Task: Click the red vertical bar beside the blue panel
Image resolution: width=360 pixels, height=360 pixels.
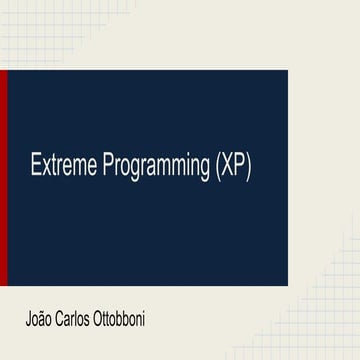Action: (x=3, y=179)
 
